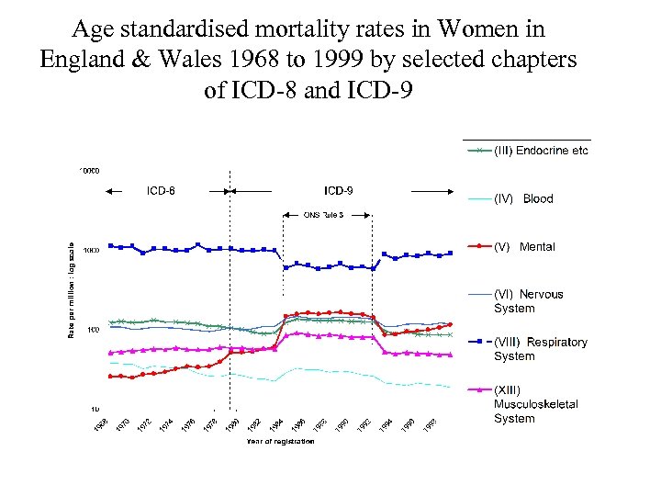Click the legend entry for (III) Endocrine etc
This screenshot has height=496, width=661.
541,151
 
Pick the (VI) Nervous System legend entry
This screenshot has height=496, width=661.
528,301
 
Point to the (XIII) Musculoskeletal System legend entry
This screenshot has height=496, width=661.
535,404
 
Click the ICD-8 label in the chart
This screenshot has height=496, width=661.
162,191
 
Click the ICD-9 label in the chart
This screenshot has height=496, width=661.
338,191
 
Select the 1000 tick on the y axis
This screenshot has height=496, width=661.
90,250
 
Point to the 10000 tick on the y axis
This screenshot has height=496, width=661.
89,171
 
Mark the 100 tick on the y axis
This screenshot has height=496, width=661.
92,329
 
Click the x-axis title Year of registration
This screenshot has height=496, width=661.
280,442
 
